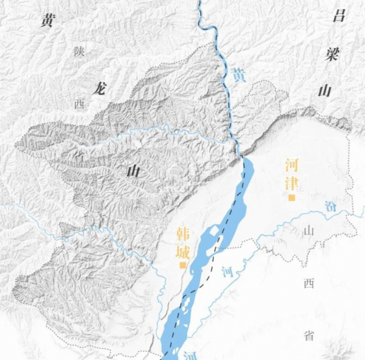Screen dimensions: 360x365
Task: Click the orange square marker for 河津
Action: tap(292, 198)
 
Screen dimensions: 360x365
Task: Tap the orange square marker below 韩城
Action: tap(182, 265)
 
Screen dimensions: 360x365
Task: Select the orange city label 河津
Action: tap(293, 173)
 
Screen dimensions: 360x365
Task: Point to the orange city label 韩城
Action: tap(183, 241)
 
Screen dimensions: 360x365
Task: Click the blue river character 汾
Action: tap(330, 205)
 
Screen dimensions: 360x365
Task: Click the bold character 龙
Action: tap(97, 88)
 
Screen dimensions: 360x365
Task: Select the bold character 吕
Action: tap(339, 15)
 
